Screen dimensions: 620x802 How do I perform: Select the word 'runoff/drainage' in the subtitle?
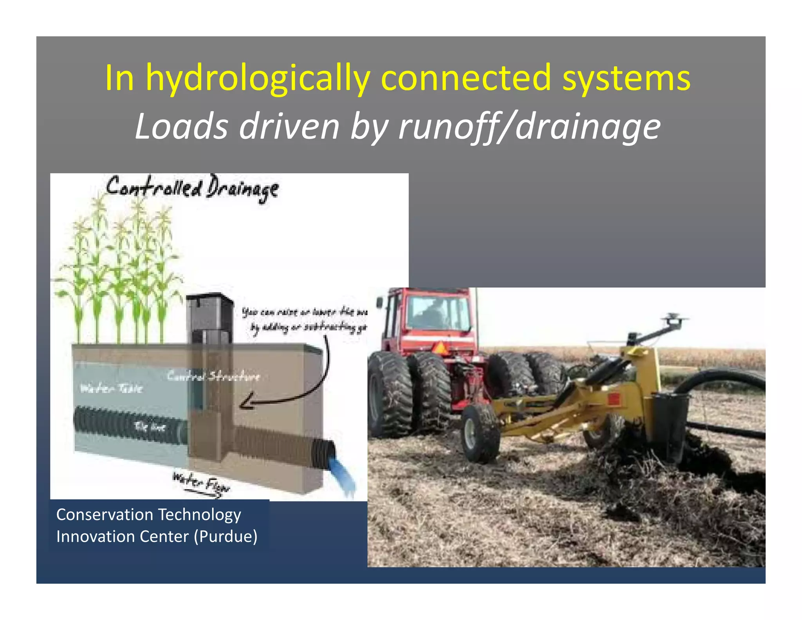[529, 127]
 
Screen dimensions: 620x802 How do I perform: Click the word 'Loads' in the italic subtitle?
[181, 127]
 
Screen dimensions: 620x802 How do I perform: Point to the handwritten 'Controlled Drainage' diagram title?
[192, 188]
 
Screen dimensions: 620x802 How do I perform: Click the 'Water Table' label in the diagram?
[111, 388]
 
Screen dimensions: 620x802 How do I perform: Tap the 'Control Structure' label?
[213, 376]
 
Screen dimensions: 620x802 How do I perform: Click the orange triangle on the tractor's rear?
[440, 348]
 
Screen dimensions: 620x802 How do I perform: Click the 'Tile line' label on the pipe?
[150, 427]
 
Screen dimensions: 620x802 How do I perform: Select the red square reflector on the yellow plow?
[613, 399]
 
